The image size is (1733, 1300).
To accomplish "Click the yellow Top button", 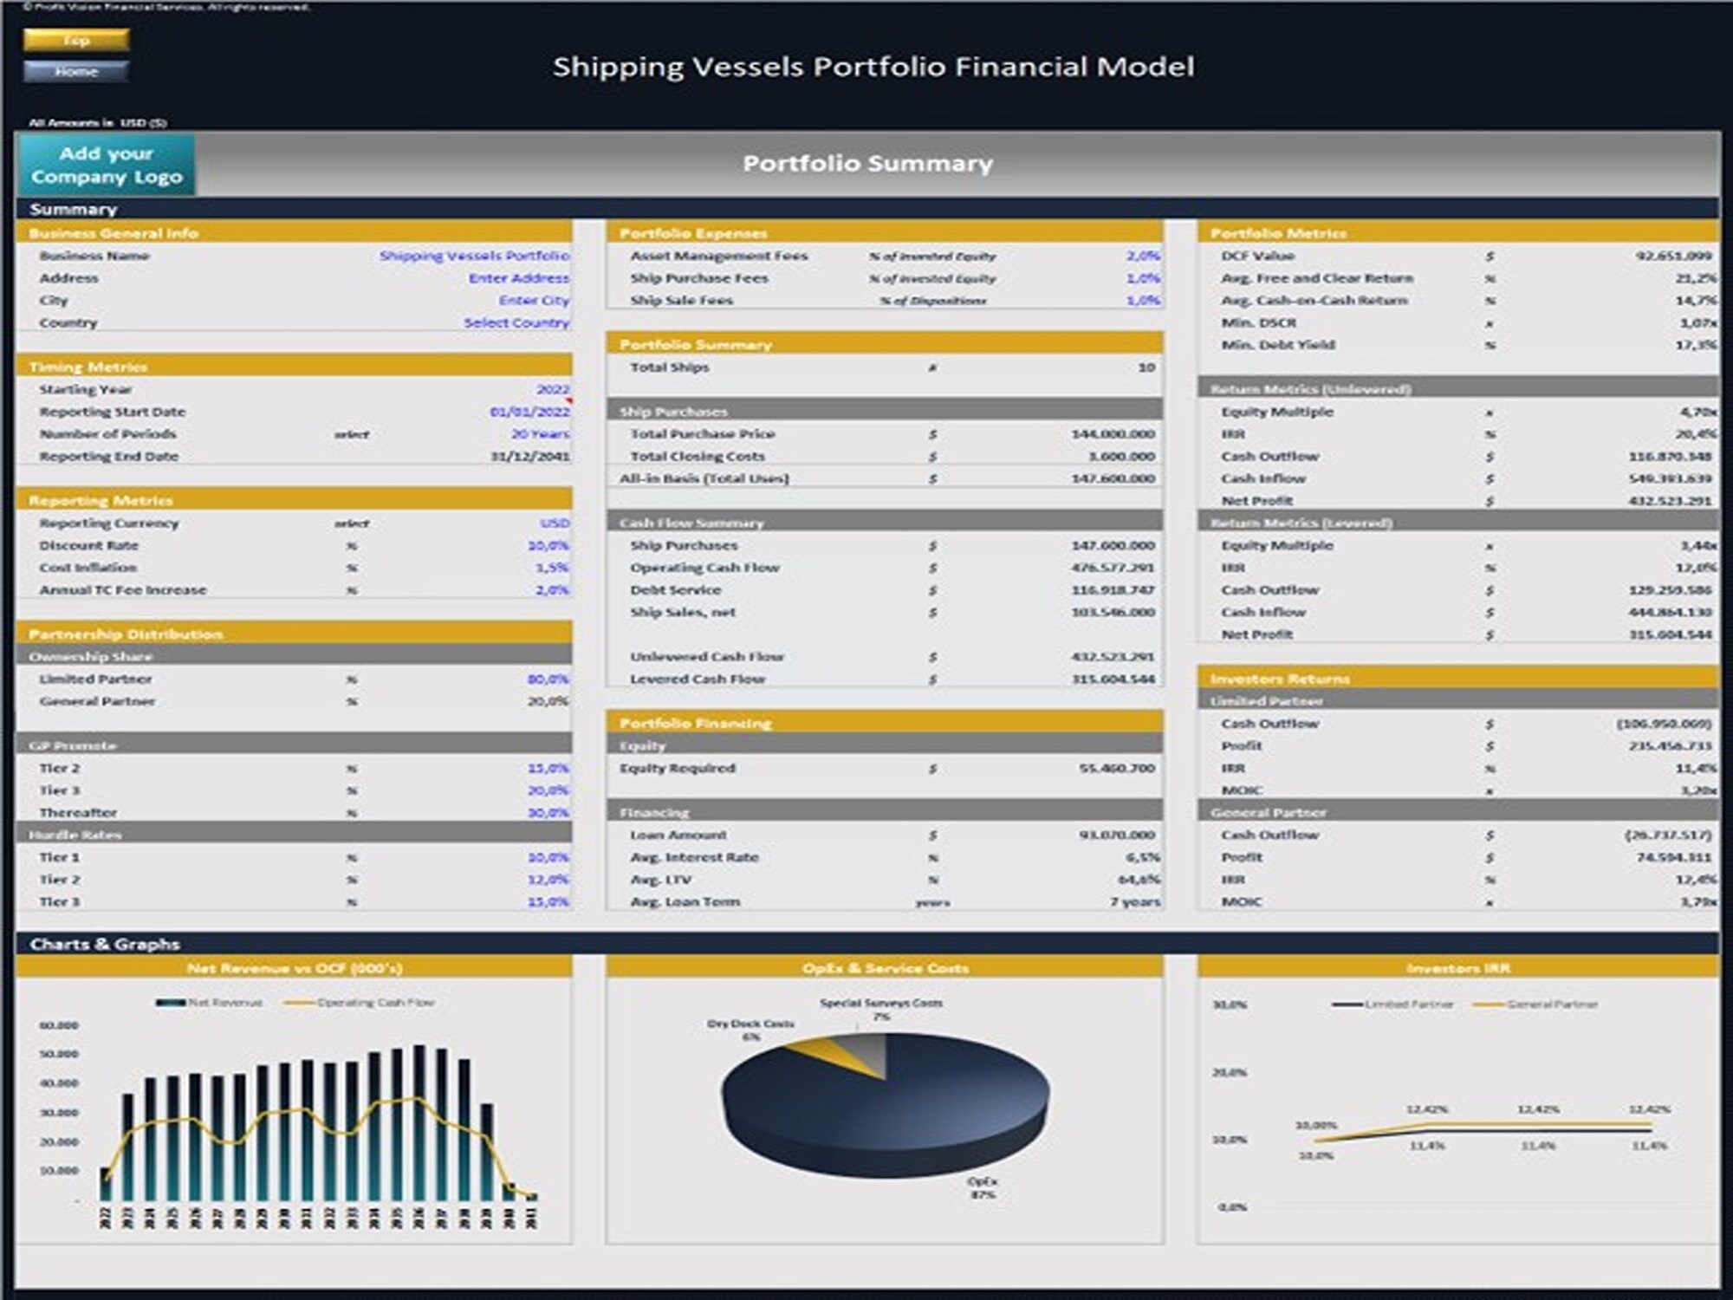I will coord(76,40).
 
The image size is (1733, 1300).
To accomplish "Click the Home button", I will coord(76,71).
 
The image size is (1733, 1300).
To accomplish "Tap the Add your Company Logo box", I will coord(106,165).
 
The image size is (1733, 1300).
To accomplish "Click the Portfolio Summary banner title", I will coord(867,163).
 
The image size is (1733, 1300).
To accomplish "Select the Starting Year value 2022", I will coord(552,389).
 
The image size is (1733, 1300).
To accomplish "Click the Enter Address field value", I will coord(518,278).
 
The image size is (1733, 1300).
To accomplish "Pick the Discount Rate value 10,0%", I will coord(548,545).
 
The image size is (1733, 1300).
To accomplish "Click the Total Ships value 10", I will coord(1146,367).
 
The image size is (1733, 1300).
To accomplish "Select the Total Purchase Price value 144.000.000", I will coord(1113,433).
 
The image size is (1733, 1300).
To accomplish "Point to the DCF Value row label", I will coord(1257,256).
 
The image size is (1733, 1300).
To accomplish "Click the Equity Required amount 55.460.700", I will coord(1116,768).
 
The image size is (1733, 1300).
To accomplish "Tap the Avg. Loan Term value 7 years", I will coord(1134,901).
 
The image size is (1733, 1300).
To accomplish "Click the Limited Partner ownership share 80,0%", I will coord(548,679).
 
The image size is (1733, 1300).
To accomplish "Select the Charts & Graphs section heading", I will coord(105,944).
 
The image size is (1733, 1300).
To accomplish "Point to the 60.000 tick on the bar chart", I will coord(59,1025).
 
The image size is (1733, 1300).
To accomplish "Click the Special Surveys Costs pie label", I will coord(880,1003).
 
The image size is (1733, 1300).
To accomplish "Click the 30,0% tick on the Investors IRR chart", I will coord(1229,1004).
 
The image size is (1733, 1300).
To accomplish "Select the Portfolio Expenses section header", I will coord(693,233).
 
